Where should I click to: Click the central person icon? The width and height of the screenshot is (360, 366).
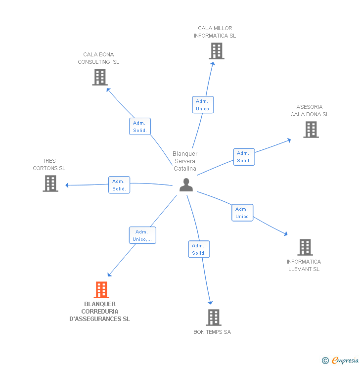coord(186,185)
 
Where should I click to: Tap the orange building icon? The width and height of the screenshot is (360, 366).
coord(101,290)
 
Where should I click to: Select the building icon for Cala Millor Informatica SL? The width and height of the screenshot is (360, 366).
coord(216,51)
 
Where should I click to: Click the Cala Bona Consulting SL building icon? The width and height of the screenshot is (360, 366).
coord(100,77)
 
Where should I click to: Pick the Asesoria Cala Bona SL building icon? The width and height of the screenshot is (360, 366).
coord(311,130)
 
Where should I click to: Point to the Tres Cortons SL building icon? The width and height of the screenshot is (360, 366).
coord(50,183)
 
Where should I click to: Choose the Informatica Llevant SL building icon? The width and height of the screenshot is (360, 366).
coord(305,247)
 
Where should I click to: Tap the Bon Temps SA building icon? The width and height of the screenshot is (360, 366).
coord(213,318)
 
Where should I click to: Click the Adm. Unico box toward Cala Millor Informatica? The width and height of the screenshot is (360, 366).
coord(202,105)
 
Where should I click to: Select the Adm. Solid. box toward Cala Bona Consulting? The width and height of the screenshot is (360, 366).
coord(140,127)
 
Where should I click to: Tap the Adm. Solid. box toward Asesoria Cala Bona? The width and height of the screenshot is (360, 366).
coord(244,157)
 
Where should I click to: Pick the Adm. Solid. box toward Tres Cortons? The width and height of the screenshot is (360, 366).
coord(119,185)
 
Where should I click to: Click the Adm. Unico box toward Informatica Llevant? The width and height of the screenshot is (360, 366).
coord(242,213)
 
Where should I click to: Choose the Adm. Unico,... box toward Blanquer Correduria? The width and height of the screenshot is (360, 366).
coord(142,235)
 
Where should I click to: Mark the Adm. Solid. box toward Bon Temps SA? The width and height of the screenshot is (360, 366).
coord(199,249)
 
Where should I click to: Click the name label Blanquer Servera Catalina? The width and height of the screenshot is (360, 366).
coord(185,161)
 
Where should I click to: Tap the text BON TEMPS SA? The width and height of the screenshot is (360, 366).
coord(212,332)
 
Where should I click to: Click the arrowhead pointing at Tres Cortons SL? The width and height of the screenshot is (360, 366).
coord(67,185)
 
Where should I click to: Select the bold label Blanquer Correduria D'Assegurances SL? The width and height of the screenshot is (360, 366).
coord(99,312)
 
